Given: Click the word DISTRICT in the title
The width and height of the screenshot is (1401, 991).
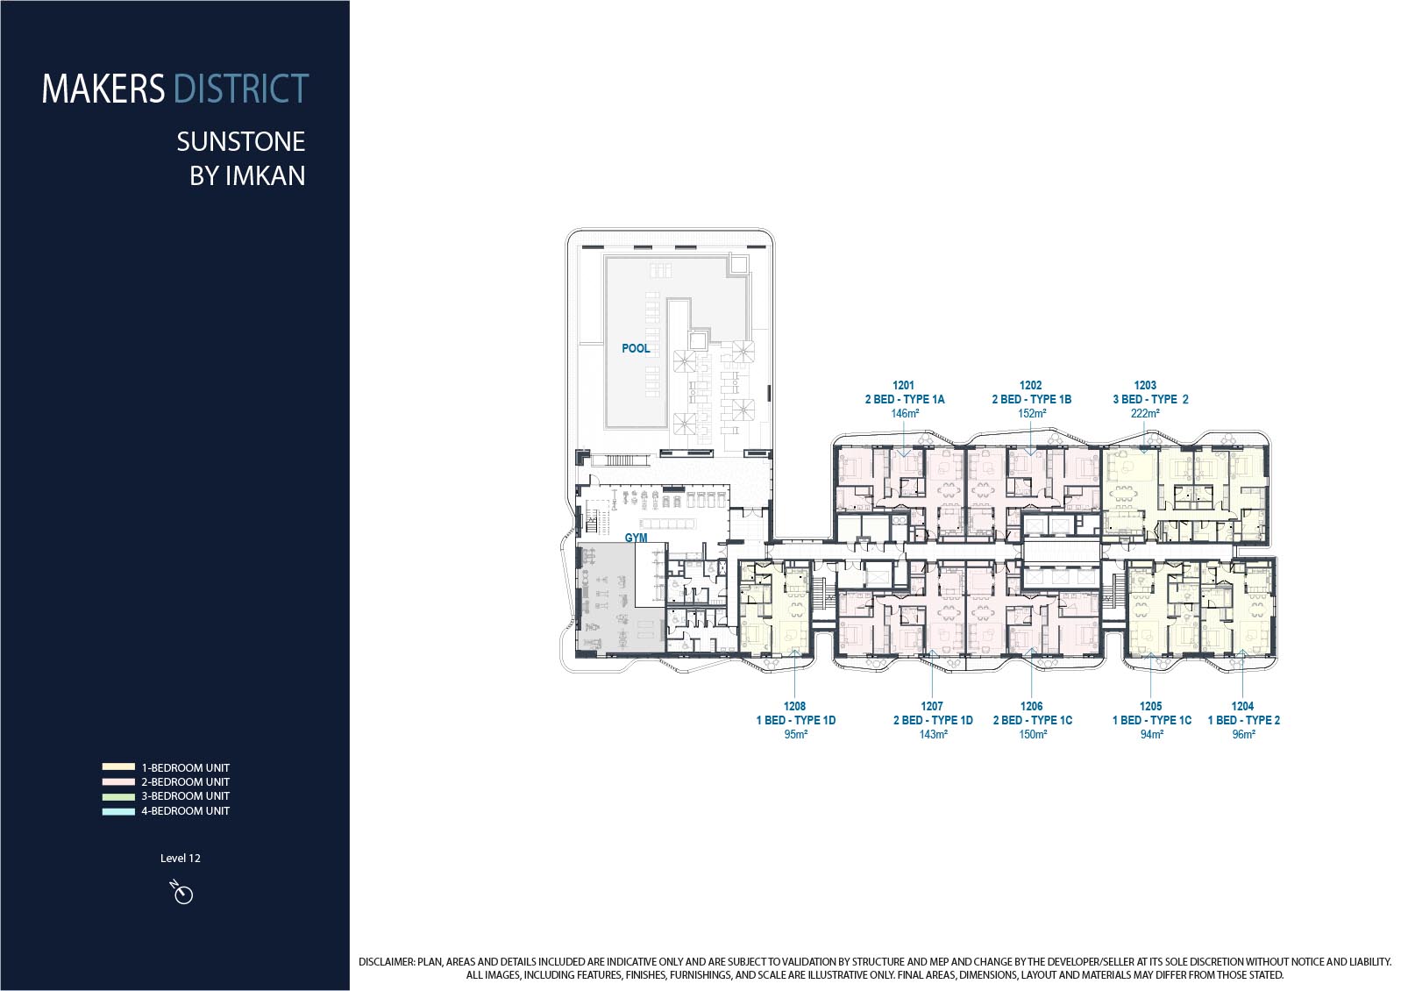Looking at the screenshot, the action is [241, 89].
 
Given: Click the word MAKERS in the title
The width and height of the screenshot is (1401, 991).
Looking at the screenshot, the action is [103, 89].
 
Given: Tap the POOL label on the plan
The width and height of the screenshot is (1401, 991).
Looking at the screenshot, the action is [636, 348].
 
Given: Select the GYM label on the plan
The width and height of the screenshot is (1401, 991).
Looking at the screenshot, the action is [636, 538].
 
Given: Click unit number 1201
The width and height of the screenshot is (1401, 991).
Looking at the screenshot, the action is [903, 385].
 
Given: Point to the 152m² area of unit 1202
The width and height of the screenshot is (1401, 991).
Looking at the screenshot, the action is [1032, 413].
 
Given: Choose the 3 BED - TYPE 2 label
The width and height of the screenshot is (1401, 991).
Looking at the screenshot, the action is [1150, 399].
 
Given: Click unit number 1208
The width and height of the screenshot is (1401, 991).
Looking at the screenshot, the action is [794, 706].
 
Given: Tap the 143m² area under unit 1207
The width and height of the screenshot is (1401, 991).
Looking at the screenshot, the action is [933, 734].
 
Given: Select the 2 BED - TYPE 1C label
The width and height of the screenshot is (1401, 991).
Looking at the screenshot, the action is [1033, 720].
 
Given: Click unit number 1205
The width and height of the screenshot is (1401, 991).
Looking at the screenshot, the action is [1151, 706].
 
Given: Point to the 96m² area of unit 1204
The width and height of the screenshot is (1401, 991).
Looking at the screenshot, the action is [1243, 734].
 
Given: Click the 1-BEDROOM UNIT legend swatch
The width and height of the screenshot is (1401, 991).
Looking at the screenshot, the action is [119, 767].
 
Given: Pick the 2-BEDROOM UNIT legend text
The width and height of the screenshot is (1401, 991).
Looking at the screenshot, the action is [185, 782].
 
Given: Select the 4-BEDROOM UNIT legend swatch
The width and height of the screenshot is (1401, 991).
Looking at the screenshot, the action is [119, 811].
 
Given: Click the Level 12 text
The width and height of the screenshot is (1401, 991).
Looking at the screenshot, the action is [180, 859].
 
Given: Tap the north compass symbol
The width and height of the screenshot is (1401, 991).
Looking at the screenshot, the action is [181, 892].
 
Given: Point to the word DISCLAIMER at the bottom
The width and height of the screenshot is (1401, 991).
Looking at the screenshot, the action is [387, 961].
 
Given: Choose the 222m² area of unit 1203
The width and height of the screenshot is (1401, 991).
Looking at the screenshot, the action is [1145, 413].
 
